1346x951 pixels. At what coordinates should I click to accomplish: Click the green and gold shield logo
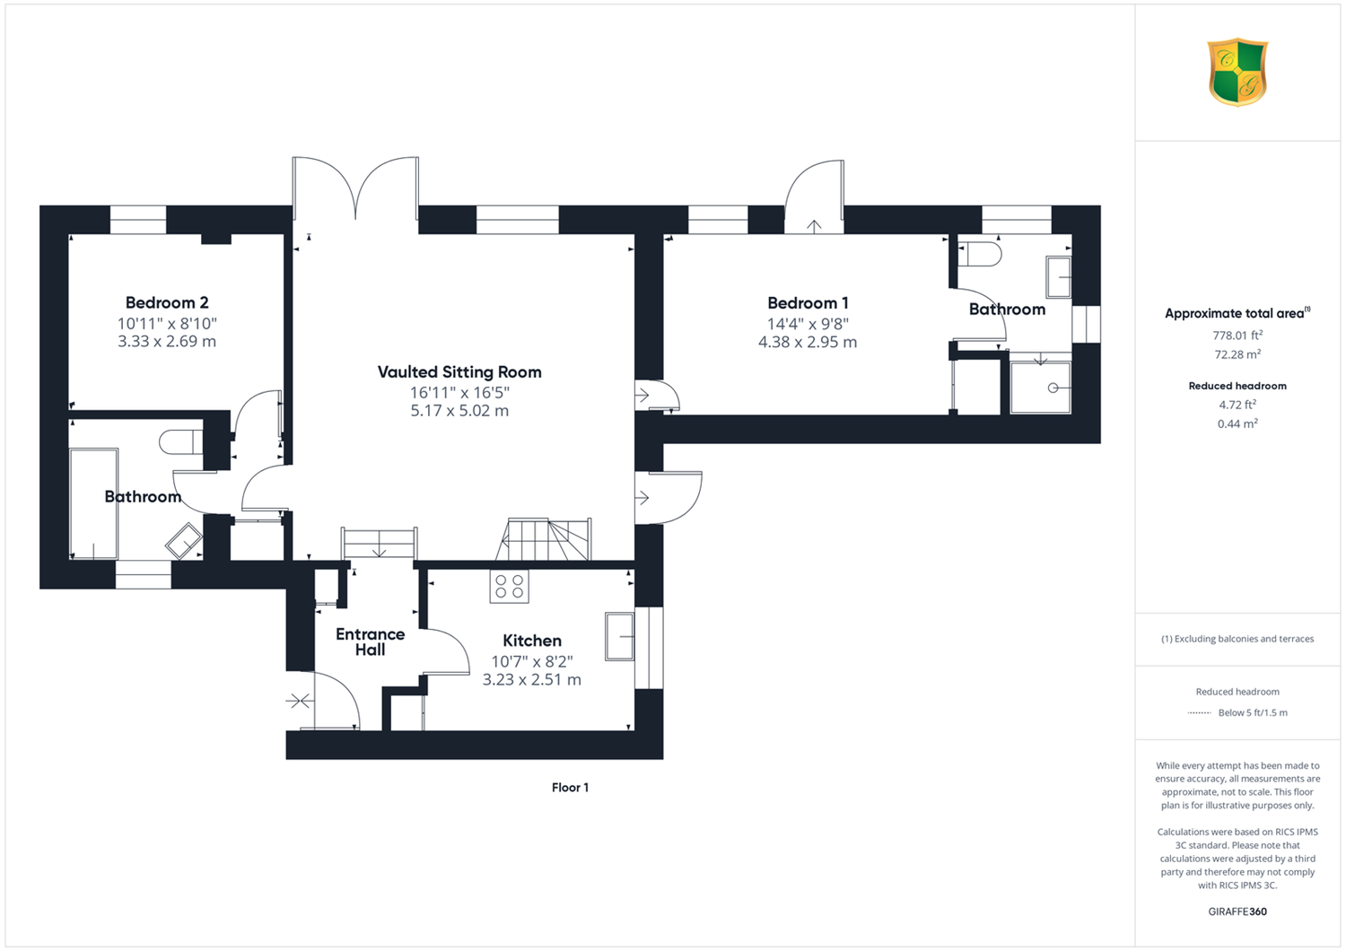1237,72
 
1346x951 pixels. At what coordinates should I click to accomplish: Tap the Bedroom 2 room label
167,302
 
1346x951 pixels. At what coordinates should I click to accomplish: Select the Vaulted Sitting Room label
459,372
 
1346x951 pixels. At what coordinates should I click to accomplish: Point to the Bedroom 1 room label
808,303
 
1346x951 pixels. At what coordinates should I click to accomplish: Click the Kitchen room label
532,641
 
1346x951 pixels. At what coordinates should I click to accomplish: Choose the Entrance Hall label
370,641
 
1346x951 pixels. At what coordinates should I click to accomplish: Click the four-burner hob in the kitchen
510,587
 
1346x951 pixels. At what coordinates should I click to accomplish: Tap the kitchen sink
619,636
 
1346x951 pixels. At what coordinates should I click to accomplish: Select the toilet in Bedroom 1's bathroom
980,254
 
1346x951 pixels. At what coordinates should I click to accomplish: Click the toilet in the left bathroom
181,442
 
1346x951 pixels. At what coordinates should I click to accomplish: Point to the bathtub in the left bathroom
93,503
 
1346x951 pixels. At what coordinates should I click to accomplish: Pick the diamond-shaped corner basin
184,541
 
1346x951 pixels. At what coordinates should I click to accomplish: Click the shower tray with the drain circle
1040,388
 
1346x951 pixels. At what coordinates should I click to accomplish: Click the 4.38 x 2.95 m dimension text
808,343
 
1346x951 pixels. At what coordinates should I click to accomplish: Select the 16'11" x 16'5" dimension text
459,393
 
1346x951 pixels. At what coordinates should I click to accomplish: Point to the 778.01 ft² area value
1237,336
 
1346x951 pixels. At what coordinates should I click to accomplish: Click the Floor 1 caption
570,788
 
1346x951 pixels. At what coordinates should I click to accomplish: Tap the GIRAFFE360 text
1237,912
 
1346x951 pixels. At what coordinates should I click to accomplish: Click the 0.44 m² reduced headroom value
1237,423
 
